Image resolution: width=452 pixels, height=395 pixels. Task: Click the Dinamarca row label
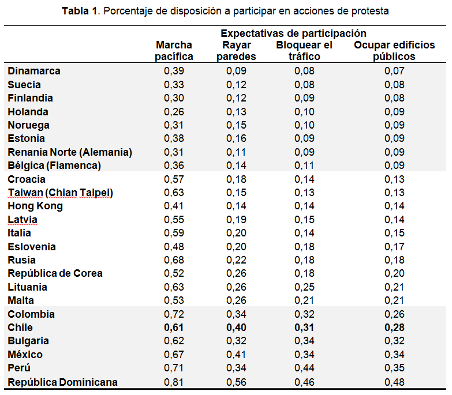[34, 71]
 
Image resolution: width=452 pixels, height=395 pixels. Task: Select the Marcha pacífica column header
[174, 51]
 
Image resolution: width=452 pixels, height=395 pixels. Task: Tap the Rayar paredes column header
[236, 51]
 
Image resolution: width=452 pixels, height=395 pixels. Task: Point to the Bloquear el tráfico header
[304, 51]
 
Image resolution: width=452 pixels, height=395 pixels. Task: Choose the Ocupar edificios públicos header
[394, 51]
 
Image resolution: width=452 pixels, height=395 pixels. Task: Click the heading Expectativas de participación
[293, 33]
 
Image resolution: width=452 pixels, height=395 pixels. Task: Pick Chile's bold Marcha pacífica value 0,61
[174, 328]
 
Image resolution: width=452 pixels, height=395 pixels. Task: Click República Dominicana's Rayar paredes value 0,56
[236, 382]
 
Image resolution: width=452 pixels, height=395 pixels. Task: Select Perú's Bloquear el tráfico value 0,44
[304, 368]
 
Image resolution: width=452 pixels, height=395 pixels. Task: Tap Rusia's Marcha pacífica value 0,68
[174, 260]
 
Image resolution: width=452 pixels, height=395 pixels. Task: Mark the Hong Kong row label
[35, 206]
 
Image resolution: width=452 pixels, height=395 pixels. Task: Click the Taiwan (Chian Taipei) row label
[60, 193]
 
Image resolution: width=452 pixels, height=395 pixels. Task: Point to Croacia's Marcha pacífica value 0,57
[174, 179]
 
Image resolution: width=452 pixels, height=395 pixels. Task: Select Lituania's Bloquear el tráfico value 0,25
[304, 287]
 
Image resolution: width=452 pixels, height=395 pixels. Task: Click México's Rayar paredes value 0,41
[236, 355]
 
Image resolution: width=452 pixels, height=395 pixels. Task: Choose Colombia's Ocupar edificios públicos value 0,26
[394, 314]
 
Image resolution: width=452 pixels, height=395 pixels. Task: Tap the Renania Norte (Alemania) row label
[70, 152]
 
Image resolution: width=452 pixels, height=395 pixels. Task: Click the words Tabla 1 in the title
[80, 11]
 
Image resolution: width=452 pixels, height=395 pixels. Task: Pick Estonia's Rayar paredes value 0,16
[236, 138]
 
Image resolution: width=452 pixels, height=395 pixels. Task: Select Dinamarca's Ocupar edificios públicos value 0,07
[394, 71]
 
